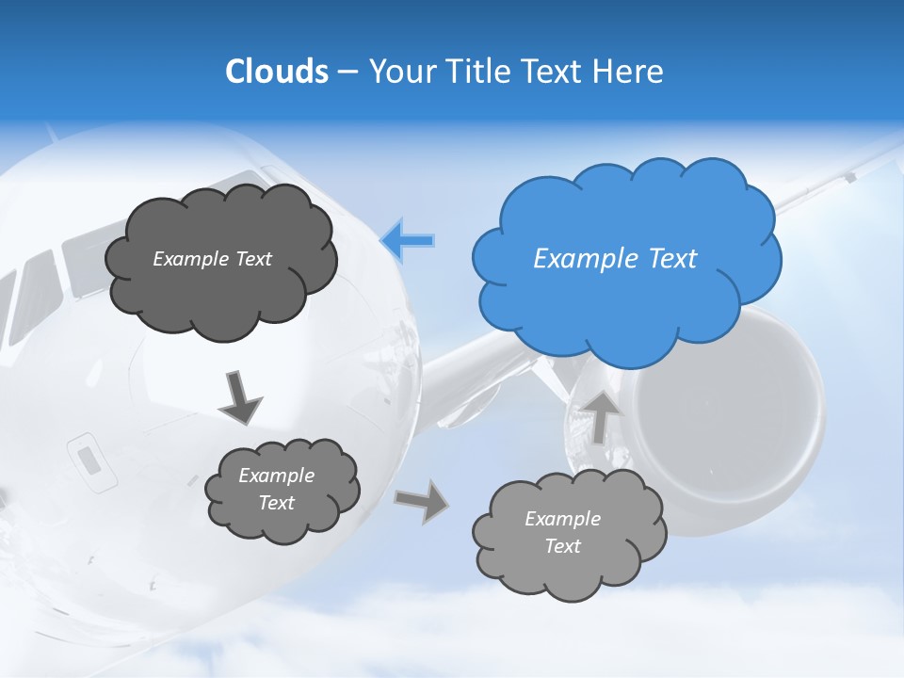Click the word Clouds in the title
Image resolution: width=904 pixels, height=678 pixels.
tap(276, 72)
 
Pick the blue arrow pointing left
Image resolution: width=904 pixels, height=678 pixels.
tap(408, 240)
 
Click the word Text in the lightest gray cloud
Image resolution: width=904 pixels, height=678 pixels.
tap(562, 547)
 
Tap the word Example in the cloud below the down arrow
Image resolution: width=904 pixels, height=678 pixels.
tap(276, 476)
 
